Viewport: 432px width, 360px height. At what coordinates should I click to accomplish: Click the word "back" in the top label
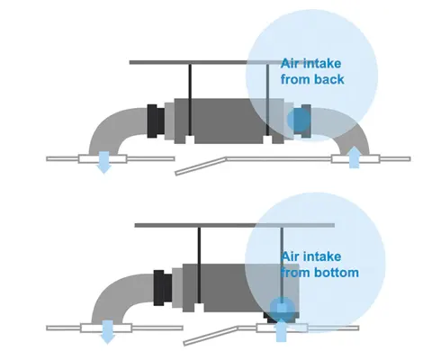[x=328, y=79]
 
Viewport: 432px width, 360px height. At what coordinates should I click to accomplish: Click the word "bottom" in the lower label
[x=337, y=273]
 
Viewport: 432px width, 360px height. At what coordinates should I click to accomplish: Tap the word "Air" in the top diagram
[x=290, y=64]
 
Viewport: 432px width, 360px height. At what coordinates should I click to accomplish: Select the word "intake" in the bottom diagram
[x=322, y=256]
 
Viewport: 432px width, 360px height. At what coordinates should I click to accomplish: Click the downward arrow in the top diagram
[x=103, y=162]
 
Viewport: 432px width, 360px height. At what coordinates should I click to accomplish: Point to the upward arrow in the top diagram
[x=354, y=157]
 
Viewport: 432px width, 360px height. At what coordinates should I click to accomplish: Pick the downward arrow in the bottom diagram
[x=107, y=332]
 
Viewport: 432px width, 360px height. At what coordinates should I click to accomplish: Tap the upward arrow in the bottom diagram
[x=281, y=330]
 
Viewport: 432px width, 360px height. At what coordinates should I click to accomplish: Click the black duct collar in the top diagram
[x=156, y=121]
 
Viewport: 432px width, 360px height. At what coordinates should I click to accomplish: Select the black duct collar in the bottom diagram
[x=163, y=288]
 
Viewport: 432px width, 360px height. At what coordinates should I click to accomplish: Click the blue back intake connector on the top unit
[x=299, y=120]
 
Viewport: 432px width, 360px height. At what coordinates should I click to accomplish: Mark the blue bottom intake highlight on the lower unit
[x=282, y=310]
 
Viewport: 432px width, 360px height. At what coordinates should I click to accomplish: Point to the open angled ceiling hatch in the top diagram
[x=201, y=166]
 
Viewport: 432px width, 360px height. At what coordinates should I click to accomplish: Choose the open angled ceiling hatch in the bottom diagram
[x=211, y=336]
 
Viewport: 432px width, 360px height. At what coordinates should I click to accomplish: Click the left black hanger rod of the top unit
[x=190, y=100]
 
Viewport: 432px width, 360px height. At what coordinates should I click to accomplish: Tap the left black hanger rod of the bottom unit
[x=199, y=265]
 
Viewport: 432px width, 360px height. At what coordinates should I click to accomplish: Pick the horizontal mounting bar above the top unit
[x=206, y=62]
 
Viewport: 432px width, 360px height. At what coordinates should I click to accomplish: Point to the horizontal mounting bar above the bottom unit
[x=235, y=225]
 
